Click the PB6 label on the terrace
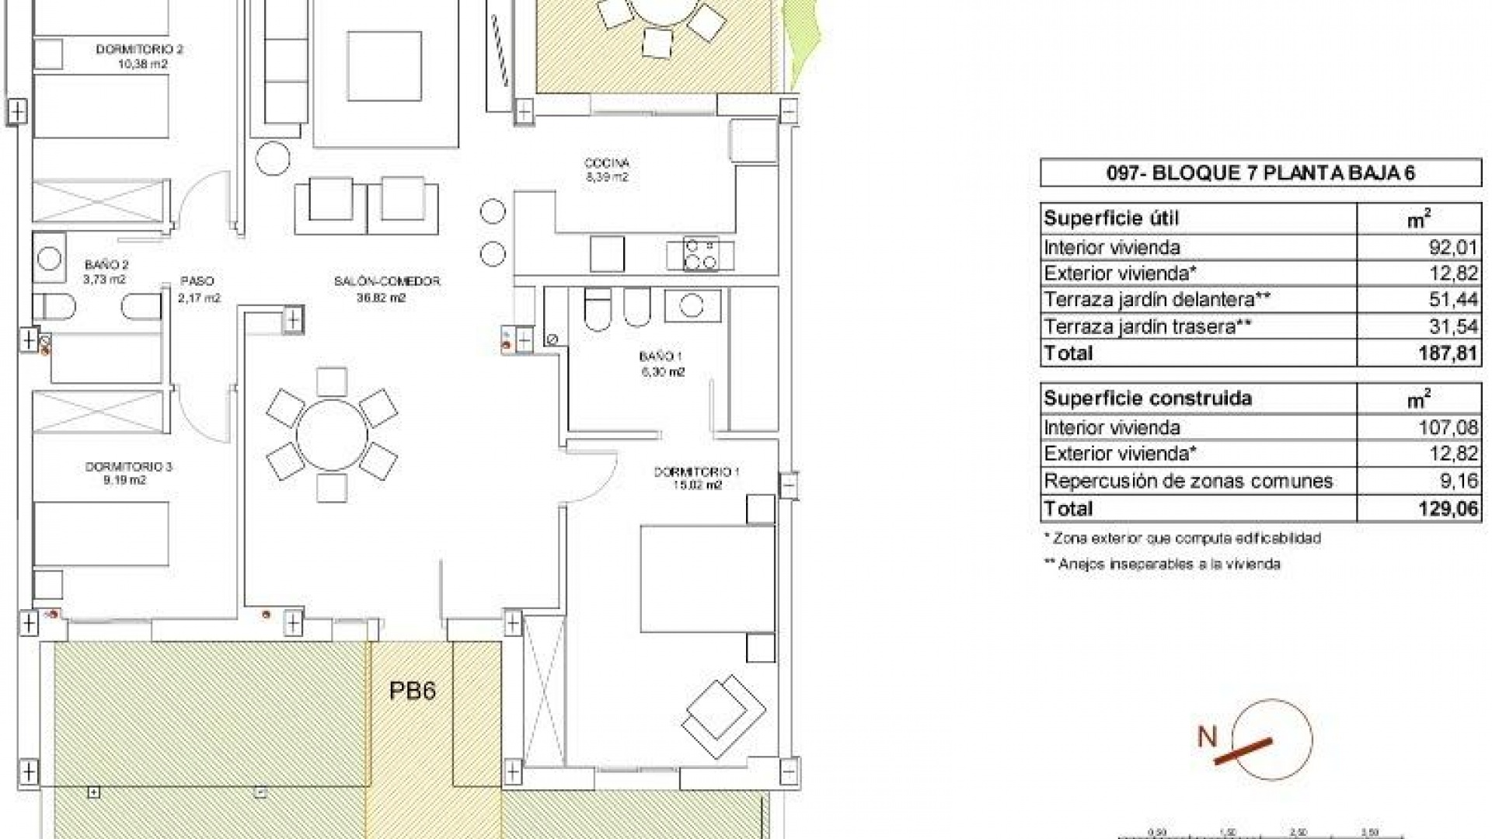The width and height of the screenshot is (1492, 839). pos(412,691)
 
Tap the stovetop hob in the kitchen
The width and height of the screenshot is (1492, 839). pos(700,255)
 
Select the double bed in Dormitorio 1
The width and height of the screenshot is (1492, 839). pos(707,579)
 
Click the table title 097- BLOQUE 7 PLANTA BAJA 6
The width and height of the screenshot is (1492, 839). pos(1260,173)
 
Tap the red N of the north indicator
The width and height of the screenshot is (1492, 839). pos(1206,736)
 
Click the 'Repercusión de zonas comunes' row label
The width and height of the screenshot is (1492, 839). pos(1188,482)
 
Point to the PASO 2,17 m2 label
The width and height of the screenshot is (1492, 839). pos(198,288)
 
